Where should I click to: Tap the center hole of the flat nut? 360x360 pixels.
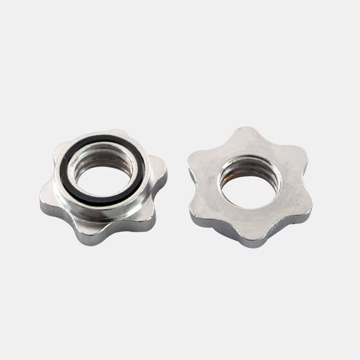coord(247,189)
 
